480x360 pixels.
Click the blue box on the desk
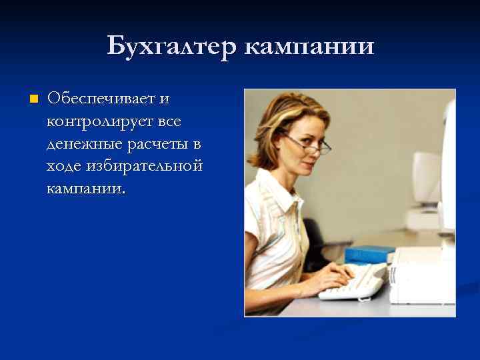click(x=371, y=253)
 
